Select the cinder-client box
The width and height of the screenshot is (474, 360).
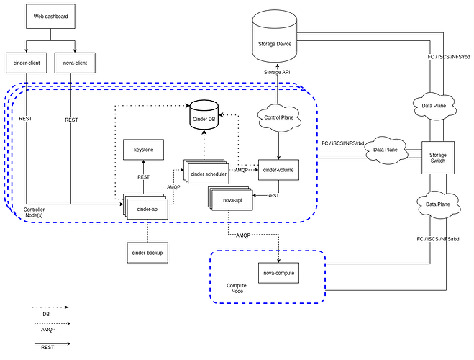pyautogui.click(x=27, y=62)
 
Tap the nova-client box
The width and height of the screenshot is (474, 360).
pyautogui.click(x=71, y=62)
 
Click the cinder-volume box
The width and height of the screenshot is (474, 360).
pyautogui.click(x=278, y=169)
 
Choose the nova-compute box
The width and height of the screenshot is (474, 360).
pyautogui.click(x=278, y=273)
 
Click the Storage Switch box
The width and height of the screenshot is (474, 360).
pyautogui.click(x=437, y=157)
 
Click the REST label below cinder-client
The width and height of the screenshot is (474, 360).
pyautogui.click(x=27, y=120)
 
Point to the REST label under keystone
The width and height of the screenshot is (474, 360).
pyautogui.click(x=143, y=176)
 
